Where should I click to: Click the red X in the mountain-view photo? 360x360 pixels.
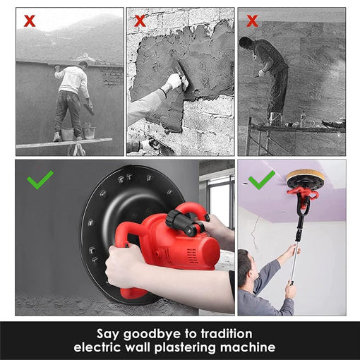pos(30,20)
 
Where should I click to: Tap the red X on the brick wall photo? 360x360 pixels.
pos(140,20)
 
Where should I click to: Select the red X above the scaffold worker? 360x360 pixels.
pos(252,20)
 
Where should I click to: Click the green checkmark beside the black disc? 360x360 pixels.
pos(40,179)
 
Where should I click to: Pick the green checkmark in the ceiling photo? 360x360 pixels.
pos(262,179)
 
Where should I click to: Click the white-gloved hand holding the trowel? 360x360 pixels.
pos(174,80)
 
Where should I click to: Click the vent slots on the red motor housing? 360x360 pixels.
pos(191,255)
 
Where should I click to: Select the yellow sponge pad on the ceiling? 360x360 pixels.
pos(306,174)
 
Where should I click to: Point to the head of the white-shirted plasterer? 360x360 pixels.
pos(83,64)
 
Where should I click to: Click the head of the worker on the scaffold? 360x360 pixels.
pos(246,42)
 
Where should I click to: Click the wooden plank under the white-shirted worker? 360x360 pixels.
pos(64,143)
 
